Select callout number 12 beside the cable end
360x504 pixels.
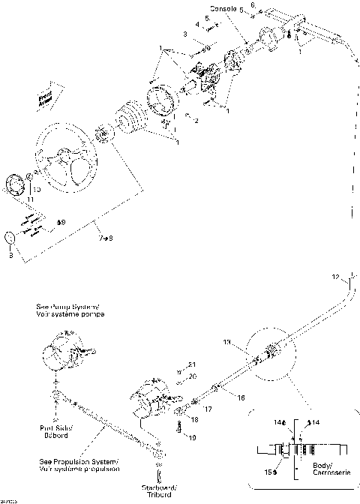336,277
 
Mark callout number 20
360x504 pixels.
191,376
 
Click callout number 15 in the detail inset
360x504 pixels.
269,472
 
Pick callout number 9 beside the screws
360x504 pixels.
61,222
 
